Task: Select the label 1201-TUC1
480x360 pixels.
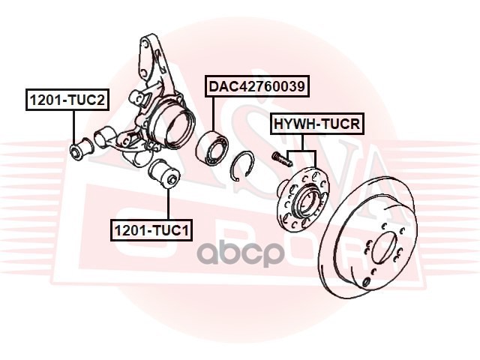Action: (x=151, y=229)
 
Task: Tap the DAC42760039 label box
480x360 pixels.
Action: (x=257, y=87)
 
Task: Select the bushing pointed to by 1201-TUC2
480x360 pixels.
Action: (x=78, y=148)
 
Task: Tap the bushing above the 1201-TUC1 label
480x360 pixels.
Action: (x=166, y=175)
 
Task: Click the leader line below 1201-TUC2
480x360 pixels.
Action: (x=73, y=124)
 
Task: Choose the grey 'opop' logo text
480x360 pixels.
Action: (x=240, y=253)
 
